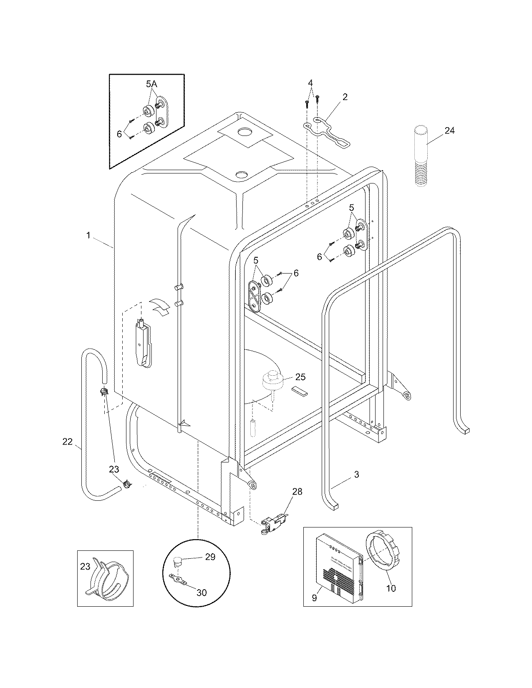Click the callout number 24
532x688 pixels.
coord(449,131)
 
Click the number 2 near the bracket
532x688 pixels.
coord(345,97)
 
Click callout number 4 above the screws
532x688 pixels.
coord(310,83)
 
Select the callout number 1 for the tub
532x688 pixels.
coord(88,236)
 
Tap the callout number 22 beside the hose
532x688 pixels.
coord(67,442)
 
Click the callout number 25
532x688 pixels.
coord(300,377)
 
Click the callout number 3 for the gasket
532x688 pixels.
coord(356,474)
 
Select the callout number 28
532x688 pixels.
coord(297,492)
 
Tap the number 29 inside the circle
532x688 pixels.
coord(210,557)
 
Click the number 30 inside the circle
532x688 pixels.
coord(201,593)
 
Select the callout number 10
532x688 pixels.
coord(391,588)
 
